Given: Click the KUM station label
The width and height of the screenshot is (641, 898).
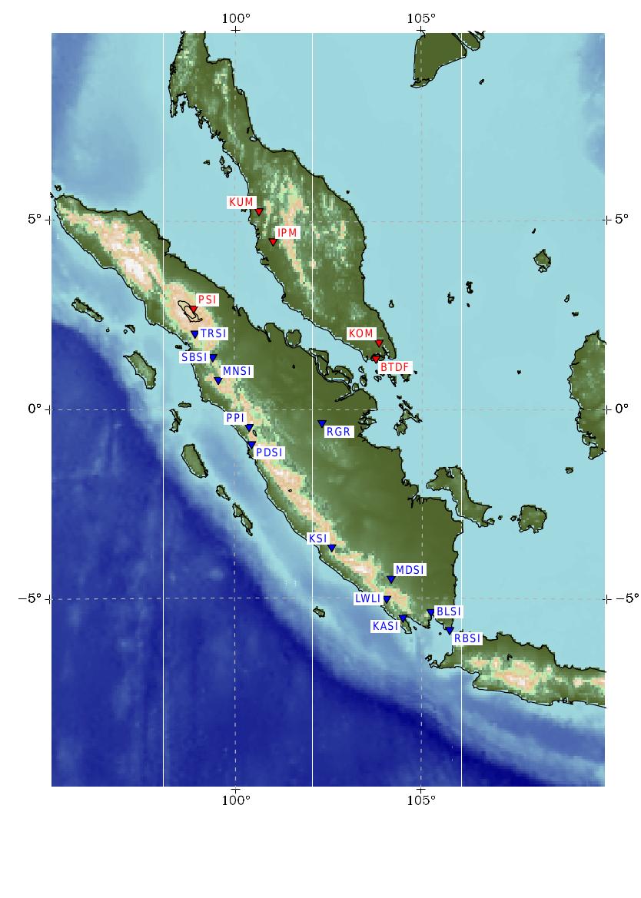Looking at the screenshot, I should click(241, 202).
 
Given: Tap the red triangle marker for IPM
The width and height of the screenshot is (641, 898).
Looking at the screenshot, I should click(273, 243).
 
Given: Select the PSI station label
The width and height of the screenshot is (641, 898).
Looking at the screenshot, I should click(207, 300).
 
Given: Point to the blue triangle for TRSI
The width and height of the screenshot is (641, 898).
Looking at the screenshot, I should click(194, 335).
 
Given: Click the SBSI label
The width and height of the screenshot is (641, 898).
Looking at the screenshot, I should click(194, 357).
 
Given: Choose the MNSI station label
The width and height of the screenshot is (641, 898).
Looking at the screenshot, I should click(237, 371).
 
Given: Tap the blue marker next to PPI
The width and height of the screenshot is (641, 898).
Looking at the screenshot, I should click(249, 429).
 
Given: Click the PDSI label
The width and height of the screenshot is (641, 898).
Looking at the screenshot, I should click(269, 452).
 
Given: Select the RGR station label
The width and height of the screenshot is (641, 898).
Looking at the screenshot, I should click(338, 432).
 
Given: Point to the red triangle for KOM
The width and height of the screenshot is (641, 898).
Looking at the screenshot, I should click(379, 343).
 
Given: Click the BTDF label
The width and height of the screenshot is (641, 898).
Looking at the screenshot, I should click(395, 367).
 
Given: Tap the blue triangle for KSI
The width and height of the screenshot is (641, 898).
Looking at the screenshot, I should click(332, 548).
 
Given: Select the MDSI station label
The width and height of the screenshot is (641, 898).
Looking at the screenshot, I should click(410, 570).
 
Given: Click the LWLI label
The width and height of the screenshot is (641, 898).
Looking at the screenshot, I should click(367, 598).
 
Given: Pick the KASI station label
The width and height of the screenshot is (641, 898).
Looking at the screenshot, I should click(385, 626).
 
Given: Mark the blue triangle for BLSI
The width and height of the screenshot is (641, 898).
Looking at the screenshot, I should click(430, 613).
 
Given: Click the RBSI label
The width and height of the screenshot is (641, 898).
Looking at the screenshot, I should click(467, 638).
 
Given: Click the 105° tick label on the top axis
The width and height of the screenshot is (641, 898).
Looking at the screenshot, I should click(421, 18).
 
